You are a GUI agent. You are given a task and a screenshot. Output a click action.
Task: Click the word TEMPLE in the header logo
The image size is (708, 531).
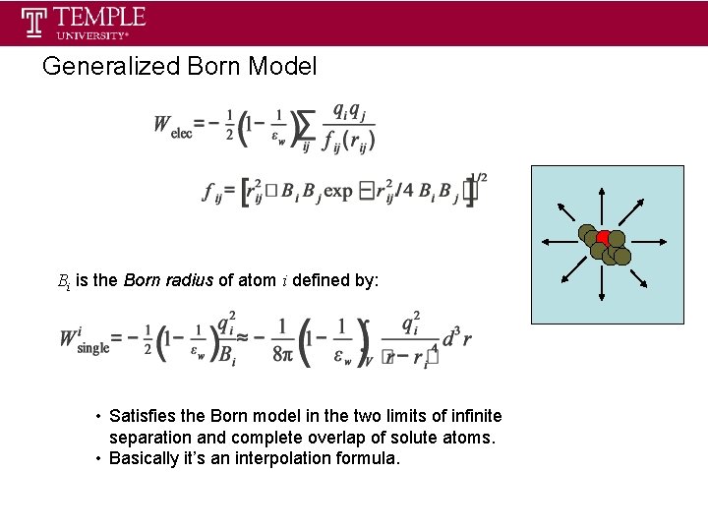(x=99, y=17)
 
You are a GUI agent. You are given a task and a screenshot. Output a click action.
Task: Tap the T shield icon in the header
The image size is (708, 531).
(x=35, y=22)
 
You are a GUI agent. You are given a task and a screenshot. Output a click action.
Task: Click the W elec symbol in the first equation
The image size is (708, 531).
(x=171, y=126)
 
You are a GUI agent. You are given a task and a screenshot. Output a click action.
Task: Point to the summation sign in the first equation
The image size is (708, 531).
(x=306, y=125)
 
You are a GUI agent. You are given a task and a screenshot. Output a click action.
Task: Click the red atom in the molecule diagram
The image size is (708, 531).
(x=603, y=238)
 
